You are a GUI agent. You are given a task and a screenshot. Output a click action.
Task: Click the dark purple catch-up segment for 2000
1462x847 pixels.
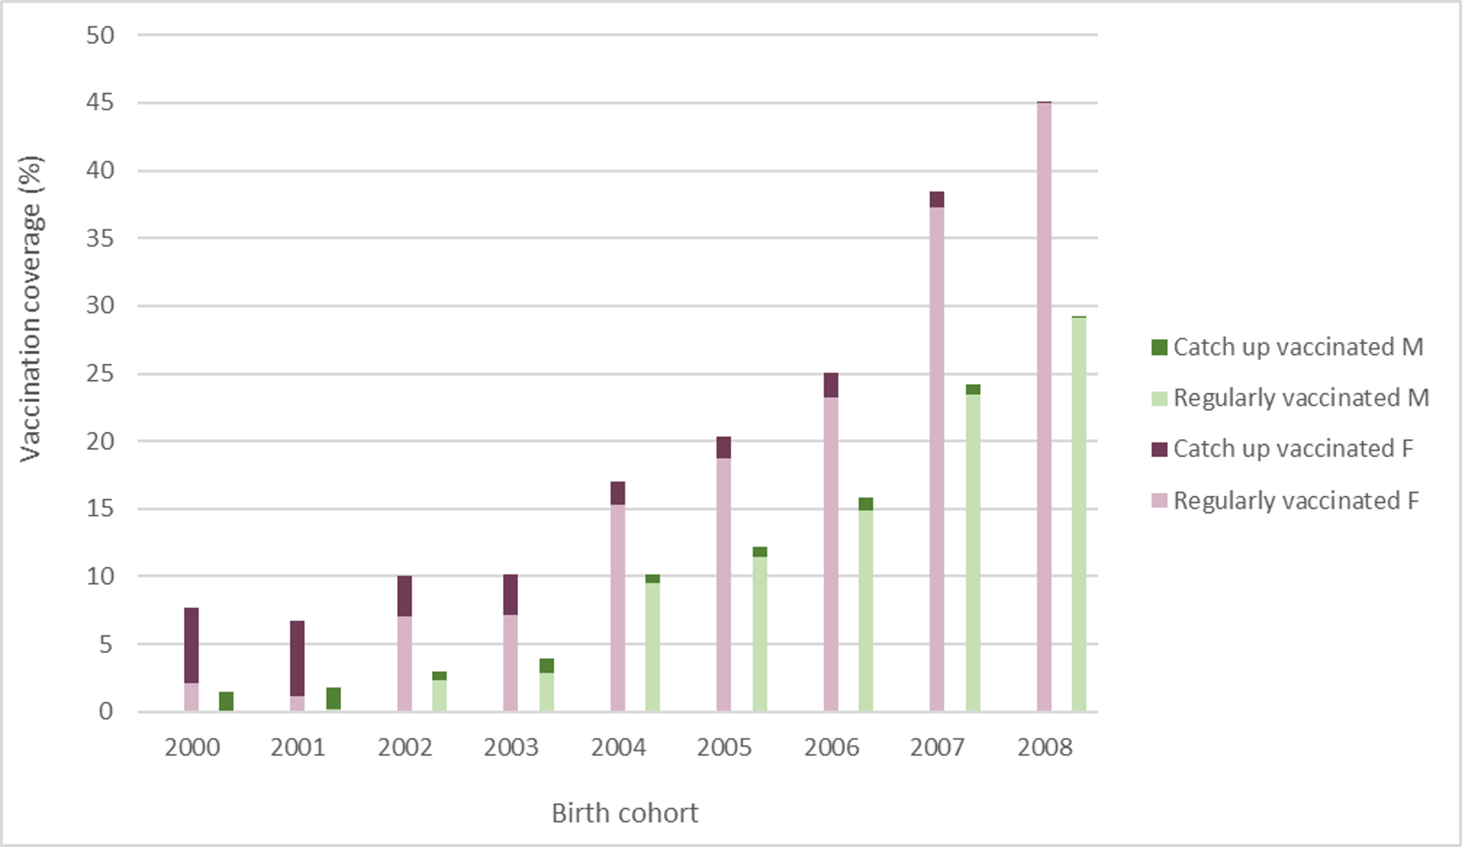pyautogui.click(x=191, y=645)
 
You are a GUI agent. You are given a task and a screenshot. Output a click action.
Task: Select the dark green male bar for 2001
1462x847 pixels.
pyautogui.click(x=333, y=699)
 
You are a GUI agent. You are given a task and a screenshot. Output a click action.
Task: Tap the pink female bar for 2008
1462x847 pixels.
pyautogui.click(x=1044, y=405)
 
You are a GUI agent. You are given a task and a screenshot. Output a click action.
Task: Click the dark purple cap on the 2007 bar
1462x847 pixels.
pyautogui.click(x=937, y=199)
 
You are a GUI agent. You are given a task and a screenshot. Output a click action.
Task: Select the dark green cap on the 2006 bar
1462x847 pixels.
pyautogui.click(x=866, y=504)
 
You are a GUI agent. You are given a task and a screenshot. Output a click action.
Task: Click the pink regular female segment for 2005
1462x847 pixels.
pyautogui.click(x=724, y=584)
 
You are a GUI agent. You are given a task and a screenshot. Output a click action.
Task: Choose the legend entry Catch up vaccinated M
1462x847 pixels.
pyautogui.click(x=1297, y=347)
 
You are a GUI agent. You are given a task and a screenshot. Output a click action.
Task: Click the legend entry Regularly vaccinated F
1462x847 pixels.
pyautogui.click(x=1296, y=501)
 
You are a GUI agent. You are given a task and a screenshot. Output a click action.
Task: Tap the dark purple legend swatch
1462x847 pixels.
pyautogui.click(x=1159, y=449)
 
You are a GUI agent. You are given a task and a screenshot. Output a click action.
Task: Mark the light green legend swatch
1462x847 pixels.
pyautogui.click(x=1159, y=398)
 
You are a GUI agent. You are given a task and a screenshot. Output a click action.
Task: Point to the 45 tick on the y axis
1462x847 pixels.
pyautogui.click(x=100, y=103)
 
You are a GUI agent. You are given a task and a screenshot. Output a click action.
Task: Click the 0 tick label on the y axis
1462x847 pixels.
pyautogui.click(x=106, y=712)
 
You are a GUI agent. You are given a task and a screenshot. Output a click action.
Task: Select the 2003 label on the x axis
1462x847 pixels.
pyautogui.click(x=511, y=747)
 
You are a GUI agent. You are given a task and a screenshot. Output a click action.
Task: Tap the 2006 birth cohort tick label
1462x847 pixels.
pyautogui.click(x=831, y=747)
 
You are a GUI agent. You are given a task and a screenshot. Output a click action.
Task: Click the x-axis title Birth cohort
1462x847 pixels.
pyautogui.click(x=625, y=813)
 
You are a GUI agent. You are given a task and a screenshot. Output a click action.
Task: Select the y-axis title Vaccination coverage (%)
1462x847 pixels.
pyautogui.click(x=31, y=308)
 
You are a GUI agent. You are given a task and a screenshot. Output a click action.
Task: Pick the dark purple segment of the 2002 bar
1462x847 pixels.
pyautogui.click(x=404, y=596)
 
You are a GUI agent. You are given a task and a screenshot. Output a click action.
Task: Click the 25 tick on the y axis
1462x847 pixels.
pyautogui.click(x=100, y=374)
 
